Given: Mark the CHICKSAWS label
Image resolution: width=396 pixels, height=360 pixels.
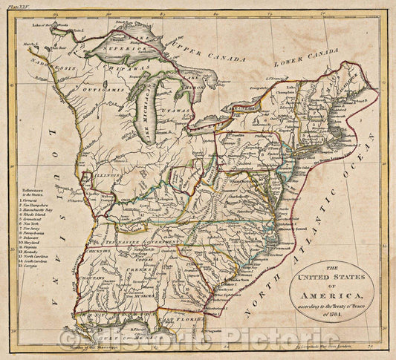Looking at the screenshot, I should [x=98, y=251].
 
